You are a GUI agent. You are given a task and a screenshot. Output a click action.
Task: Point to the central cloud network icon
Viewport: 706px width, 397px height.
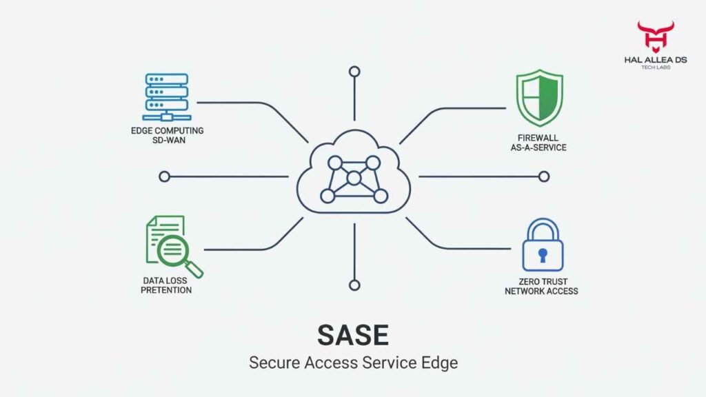click(x=353, y=176)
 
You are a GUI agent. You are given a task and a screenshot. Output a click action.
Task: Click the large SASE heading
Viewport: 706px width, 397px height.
click(x=352, y=335)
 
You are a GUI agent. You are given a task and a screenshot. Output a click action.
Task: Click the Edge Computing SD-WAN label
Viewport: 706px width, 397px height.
click(x=167, y=135)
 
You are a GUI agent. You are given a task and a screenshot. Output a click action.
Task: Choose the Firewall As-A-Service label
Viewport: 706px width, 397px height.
click(x=539, y=142)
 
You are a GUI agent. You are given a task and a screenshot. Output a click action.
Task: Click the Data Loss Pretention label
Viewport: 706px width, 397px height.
click(x=166, y=285)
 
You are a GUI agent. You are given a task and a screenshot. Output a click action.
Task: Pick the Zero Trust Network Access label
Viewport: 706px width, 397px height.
click(x=541, y=286)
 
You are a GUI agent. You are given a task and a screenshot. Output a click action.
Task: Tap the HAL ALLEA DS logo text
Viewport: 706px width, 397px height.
click(x=655, y=60)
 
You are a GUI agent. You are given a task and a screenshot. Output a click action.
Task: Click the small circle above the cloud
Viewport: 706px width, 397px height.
click(x=354, y=71)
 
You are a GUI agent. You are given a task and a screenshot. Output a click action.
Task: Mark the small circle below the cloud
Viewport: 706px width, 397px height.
click(x=354, y=285)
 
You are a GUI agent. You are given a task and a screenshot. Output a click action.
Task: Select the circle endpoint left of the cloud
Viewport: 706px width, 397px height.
click(x=164, y=176)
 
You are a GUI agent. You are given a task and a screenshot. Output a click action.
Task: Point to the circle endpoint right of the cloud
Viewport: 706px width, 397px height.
click(x=544, y=176)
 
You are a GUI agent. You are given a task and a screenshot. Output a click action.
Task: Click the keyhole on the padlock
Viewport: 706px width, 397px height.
click(x=543, y=255)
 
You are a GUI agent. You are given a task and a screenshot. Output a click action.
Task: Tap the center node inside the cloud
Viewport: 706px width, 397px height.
click(x=354, y=179)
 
